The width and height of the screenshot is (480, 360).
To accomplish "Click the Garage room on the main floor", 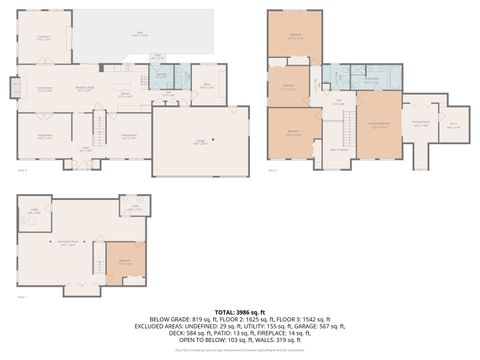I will point(200,142).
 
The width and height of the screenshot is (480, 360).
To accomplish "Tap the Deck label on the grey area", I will point(140,33).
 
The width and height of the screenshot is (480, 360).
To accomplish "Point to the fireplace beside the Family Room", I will point(14,88).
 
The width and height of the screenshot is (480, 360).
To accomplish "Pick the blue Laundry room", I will point(159,77).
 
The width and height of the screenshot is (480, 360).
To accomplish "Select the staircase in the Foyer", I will point(98,127).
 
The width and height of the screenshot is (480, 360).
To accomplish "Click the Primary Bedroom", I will point(378,126).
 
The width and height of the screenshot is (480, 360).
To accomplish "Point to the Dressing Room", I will point(422,125).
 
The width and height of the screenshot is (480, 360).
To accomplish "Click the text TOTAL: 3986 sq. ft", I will point(240,312).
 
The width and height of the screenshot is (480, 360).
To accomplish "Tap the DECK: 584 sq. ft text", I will point(165,333).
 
